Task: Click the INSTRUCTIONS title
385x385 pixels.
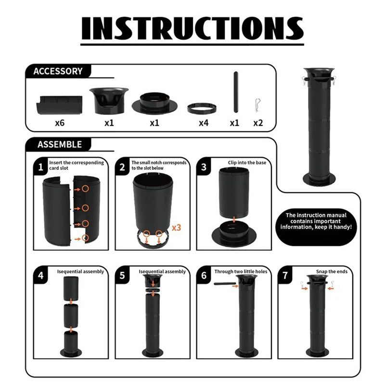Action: tap(192, 28)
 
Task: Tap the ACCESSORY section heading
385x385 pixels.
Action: tap(58, 71)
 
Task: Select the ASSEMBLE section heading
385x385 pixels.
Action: tap(60, 144)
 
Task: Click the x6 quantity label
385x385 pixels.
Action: tap(60, 123)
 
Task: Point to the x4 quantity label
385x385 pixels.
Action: tap(204, 123)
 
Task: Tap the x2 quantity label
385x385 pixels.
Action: tap(258, 123)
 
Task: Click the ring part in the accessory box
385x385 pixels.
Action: tap(202, 108)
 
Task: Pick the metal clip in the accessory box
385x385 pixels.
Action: tap(257, 105)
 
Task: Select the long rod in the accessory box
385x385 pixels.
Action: tap(236, 92)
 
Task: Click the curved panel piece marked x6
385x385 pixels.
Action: tap(59, 105)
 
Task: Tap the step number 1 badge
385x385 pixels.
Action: tap(41, 167)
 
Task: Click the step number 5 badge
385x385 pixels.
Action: tap(122, 275)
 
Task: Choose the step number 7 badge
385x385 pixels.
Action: tap(285, 275)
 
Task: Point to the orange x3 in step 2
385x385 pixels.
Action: tap(176, 228)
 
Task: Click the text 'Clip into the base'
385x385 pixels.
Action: tap(247, 163)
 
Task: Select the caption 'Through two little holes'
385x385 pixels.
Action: tap(241, 271)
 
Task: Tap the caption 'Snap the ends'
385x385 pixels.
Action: tap(332, 271)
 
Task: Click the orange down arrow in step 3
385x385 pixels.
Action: tap(234, 219)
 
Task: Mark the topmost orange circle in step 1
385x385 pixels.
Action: tap(85, 189)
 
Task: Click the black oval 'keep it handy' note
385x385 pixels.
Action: tap(316, 227)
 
